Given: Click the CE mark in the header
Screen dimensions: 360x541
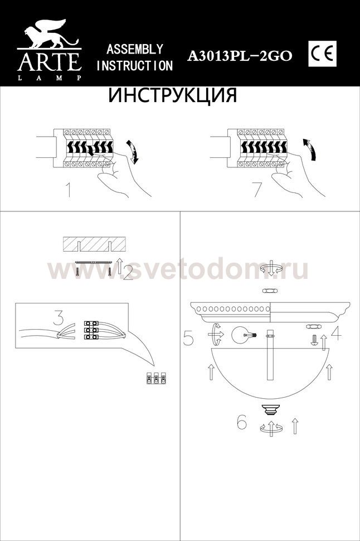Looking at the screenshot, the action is tap(322, 54).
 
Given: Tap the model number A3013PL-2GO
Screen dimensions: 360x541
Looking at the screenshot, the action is tap(239, 56).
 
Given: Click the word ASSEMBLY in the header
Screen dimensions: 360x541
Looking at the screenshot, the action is tap(135, 49).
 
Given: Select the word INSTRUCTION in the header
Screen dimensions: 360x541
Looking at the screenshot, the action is tap(134, 66).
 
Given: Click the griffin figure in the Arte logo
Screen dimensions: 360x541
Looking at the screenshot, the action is tap(49, 33).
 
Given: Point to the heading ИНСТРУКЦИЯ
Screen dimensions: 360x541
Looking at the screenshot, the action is tap(173, 95).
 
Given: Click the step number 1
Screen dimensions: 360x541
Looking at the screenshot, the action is tap(69, 190).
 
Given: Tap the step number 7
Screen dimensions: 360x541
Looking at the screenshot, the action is tap(258, 190).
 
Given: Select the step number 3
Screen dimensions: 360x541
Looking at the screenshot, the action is tap(59, 318).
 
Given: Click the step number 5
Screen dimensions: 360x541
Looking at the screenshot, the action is tap(188, 338).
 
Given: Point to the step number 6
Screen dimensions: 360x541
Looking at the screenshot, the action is tap(242, 421).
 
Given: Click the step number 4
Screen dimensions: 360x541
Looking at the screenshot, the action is tap(336, 332).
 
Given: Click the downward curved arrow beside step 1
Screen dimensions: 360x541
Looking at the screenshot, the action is tap(133, 152).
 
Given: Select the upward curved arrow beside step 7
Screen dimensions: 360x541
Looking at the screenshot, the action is tap(311, 149).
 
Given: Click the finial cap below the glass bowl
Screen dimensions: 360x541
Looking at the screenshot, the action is tap(271, 410).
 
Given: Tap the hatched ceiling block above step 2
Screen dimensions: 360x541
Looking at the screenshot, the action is tap(94, 245).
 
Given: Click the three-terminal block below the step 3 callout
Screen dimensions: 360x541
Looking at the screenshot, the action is tap(156, 379).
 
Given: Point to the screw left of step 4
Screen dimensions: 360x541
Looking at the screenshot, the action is tap(314, 340).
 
